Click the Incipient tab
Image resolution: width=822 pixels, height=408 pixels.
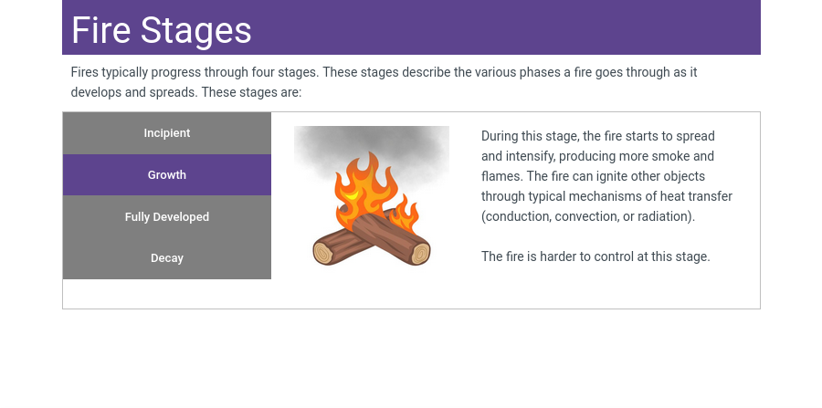coord(167,133)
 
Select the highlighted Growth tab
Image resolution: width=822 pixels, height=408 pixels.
coord(167,175)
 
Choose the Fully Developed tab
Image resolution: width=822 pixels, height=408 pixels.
coord(167,217)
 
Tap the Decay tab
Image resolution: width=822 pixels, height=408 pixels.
coord(167,258)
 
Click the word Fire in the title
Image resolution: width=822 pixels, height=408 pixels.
coord(100,30)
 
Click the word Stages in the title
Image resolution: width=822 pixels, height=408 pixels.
coord(196,31)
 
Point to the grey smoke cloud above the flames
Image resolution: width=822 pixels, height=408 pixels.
coord(371,152)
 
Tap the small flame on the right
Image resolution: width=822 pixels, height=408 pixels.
coord(405,214)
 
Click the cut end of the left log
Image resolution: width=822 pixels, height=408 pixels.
coord(323,253)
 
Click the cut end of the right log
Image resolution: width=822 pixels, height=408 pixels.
coord(420,254)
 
